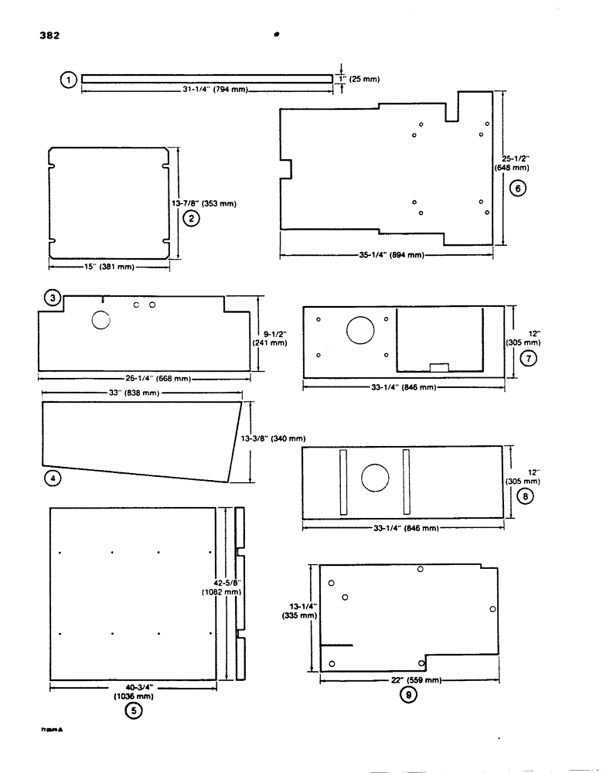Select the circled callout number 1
coord(69,79)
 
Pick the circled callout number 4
coord(52,479)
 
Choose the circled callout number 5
coord(133,712)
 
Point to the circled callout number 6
coord(519,187)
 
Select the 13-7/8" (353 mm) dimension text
coord(203,204)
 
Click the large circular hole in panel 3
coord(102,318)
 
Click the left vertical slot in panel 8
coord(343,480)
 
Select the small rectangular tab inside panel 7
coord(439,368)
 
